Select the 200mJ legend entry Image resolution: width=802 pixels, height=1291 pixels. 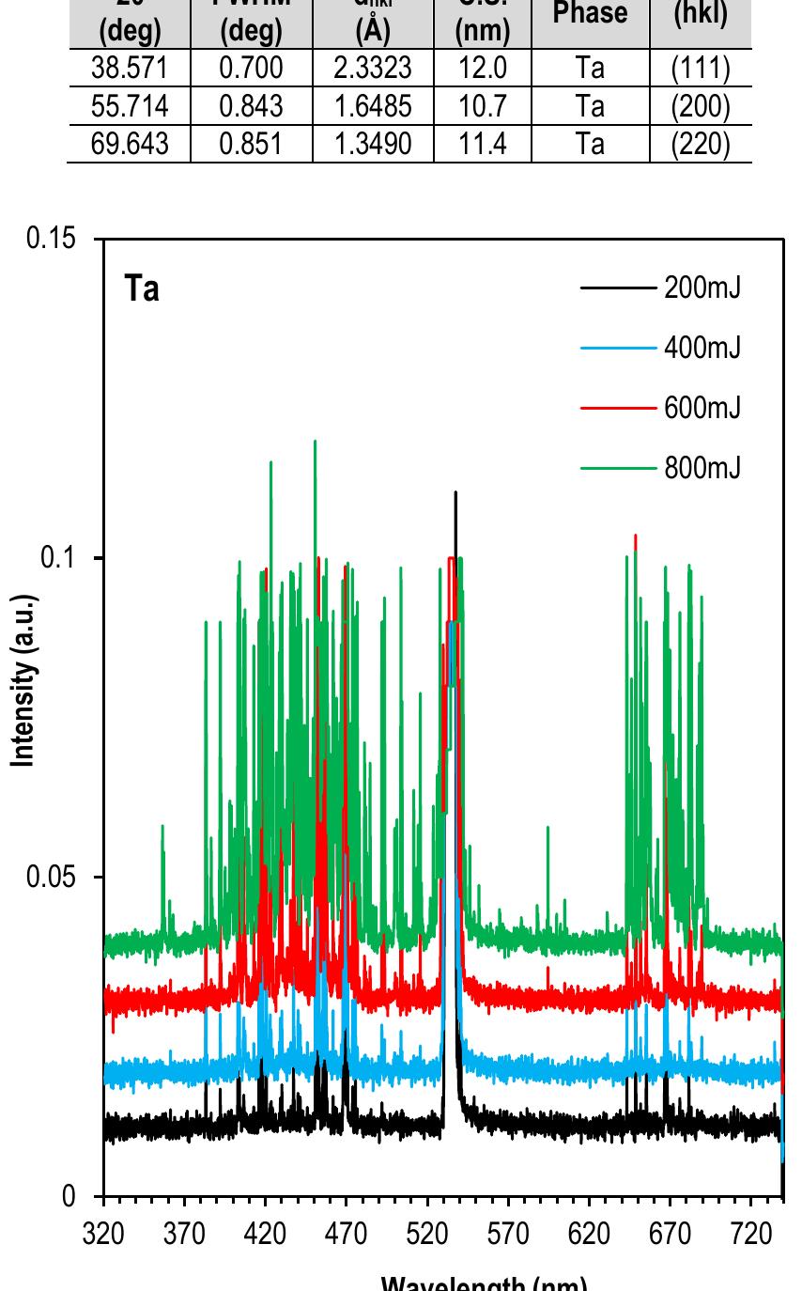point(702,288)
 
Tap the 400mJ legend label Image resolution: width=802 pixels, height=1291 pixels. point(702,349)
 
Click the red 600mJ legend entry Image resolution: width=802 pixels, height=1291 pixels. point(702,408)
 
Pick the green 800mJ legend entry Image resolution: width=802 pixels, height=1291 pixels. point(702,467)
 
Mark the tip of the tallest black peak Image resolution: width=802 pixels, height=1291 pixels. point(456,491)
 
